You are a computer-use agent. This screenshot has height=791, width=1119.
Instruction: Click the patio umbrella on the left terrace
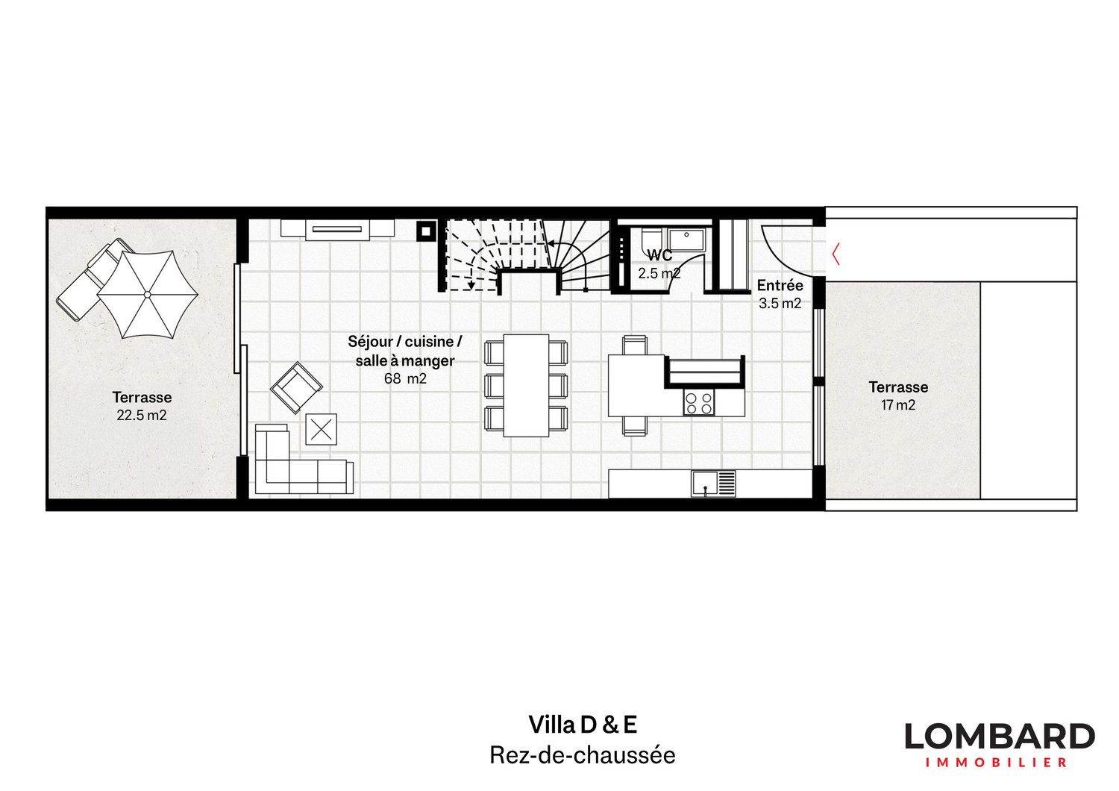(x=147, y=294)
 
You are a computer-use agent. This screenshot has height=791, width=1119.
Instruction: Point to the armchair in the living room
(x=297, y=387)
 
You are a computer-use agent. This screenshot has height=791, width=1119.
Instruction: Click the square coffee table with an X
(x=322, y=429)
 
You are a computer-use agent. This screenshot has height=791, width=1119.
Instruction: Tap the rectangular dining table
(x=526, y=385)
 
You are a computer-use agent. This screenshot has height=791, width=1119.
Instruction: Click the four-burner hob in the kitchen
(x=699, y=403)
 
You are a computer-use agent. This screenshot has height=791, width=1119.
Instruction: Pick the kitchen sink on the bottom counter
(x=705, y=483)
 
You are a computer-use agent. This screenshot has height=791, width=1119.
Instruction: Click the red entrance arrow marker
(x=836, y=254)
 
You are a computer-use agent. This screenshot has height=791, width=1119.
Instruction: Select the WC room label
(x=659, y=256)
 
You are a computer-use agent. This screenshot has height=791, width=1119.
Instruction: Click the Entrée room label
(x=780, y=286)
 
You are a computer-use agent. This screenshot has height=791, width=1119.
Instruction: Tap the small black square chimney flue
(x=424, y=231)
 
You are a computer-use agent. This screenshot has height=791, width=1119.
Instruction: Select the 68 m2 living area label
(x=405, y=378)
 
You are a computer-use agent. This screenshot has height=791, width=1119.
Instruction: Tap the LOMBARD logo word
(x=1000, y=737)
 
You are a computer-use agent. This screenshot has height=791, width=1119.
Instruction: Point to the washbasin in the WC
(x=688, y=239)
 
